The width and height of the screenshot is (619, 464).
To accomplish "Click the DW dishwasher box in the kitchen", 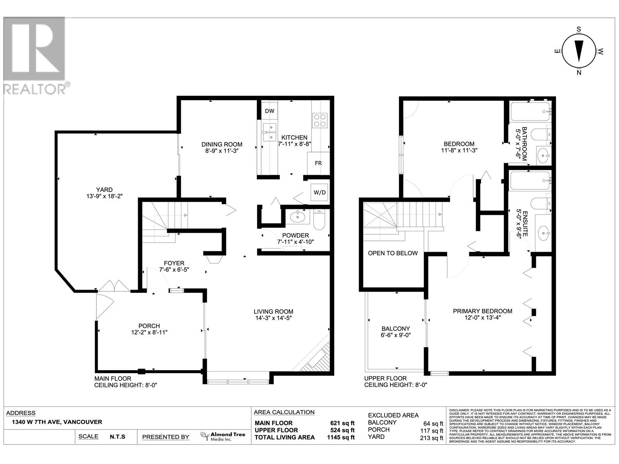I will pyautogui.click(x=270, y=111).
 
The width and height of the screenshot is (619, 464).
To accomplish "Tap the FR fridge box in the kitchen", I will pyautogui.click(x=318, y=163).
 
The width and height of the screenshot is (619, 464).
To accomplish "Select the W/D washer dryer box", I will pyautogui.click(x=320, y=192).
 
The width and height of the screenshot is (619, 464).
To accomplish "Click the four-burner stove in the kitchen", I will pyautogui.click(x=320, y=120).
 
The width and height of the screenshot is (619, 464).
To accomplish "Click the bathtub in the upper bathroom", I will pyautogui.click(x=530, y=111).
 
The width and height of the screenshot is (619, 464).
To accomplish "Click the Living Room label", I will pyautogui.click(x=273, y=312).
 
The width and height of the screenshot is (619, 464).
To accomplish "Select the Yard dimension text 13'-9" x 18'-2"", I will pyautogui.click(x=104, y=196).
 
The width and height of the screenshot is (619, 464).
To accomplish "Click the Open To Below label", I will pyautogui.click(x=393, y=253).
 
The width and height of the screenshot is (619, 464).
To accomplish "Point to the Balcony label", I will pyautogui.click(x=395, y=329).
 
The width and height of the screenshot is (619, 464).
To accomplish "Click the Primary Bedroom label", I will pyautogui.click(x=482, y=311).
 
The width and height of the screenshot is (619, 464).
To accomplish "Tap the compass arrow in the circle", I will pyautogui.click(x=579, y=51).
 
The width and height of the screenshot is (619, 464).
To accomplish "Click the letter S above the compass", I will pyautogui.click(x=579, y=29).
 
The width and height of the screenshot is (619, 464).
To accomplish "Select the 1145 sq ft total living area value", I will pyautogui.click(x=340, y=437).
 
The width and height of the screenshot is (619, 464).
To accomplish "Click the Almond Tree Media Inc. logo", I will pyautogui.click(x=223, y=437).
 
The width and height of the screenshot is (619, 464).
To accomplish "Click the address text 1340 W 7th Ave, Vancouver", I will pyautogui.click(x=54, y=422).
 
